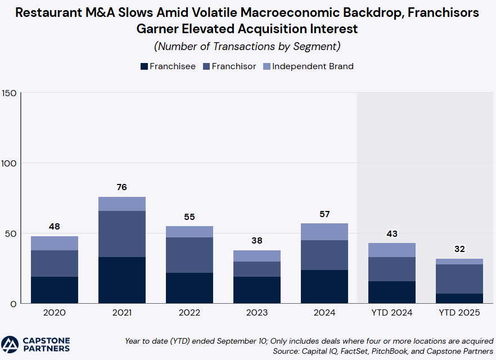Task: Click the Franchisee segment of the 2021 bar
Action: pyautogui.click(x=122, y=280)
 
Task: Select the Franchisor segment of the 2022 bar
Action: pyautogui.click(x=190, y=255)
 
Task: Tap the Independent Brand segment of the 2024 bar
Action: pyautogui.click(x=324, y=232)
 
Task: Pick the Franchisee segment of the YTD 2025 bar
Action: pyautogui.click(x=459, y=299)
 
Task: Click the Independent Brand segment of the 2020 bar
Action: pyautogui.click(x=55, y=243)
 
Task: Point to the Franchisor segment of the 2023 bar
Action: pyautogui.click(x=257, y=269)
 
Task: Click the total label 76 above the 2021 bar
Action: pyautogui.click(x=122, y=187)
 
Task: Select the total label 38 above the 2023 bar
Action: pyautogui.click(x=257, y=241)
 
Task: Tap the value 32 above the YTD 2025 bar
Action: pyautogui.click(x=459, y=249)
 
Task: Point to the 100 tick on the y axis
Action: pyautogui.click(x=9, y=163)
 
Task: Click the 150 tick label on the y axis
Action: pyautogui.click(x=9, y=93)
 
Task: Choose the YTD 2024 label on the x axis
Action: pyautogui.click(x=392, y=313)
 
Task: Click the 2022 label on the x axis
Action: pyautogui.click(x=190, y=313)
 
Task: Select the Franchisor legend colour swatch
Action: pyautogui.click(x=206, y=66)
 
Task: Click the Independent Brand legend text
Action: pyautogui.click(x=313, y=66)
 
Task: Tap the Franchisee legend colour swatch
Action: pyautogui.click(x=144, y=66)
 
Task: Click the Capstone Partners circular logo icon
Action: pyautogui.click(x=10, y=344)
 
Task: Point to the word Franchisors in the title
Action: pyautogui.click(x=443, y=12)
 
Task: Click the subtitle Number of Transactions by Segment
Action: pyautogui.click(x=247, y=46)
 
